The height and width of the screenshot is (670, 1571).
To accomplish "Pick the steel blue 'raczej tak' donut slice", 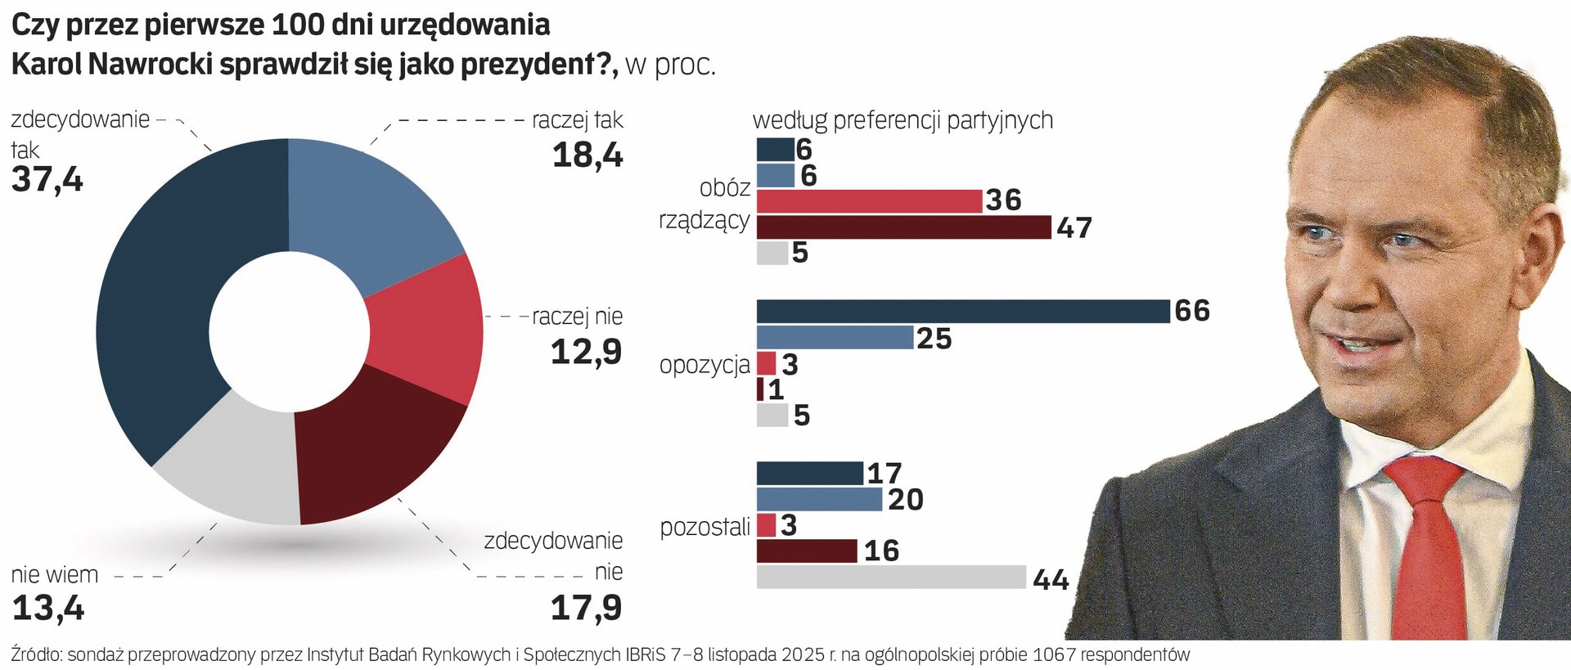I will click(x=368, y=205).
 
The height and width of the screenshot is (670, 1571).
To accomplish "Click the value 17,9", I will click(x=586, y=608).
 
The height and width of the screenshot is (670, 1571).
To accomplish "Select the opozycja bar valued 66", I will click(x=962, y=312).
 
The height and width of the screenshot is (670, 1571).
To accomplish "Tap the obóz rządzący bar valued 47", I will click(x=903, y=227).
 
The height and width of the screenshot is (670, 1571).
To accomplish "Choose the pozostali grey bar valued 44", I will click(x=891, y=577).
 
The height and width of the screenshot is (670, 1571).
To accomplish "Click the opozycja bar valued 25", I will click(x=835, y=337).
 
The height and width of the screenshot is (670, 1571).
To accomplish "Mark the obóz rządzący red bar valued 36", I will click(x=869, y=201).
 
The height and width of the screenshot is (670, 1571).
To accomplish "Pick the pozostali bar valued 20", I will click(x=819, y=499).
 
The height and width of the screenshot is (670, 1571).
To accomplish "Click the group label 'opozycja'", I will click(x=704, y=365).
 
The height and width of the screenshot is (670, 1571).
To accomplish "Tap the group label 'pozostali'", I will click(x=704, y=528).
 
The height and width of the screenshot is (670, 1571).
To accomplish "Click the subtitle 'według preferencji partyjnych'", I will click(x=903, y=120).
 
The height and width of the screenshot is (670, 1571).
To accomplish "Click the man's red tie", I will click(x=1432, y=548).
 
